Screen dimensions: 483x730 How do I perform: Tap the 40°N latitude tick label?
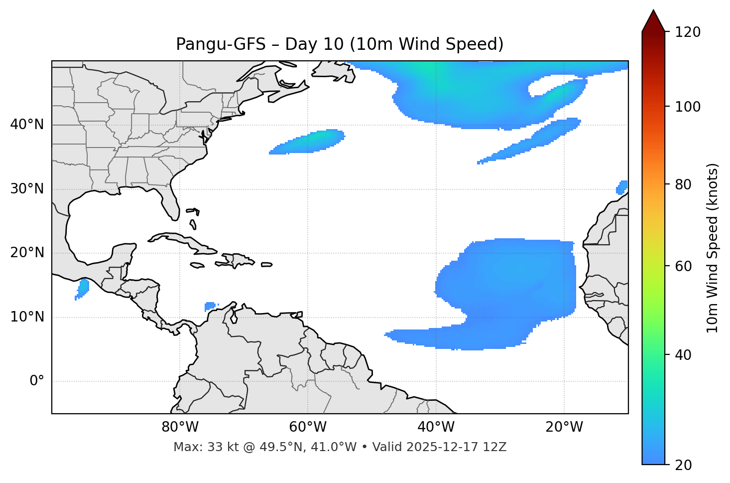pos(27,125)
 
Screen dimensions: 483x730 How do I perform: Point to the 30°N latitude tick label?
pos(27,189)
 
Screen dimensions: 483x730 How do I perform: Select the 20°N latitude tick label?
pos(27,253)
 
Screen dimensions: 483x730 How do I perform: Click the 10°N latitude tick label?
pos(27,317)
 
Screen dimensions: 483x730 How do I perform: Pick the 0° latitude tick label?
pos(37,381)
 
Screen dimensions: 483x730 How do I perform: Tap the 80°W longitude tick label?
pos(180,427)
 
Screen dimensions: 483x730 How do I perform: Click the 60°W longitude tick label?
pos(308,427)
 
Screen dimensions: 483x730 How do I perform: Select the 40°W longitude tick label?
pos(436,427)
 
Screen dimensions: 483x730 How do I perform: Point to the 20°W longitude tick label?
pos(564,427)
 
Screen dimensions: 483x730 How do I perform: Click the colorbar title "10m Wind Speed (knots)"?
pos(713,248)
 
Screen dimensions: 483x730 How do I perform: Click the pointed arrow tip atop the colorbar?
pos(653,12)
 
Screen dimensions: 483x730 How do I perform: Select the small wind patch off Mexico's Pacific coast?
pos(83,288)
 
